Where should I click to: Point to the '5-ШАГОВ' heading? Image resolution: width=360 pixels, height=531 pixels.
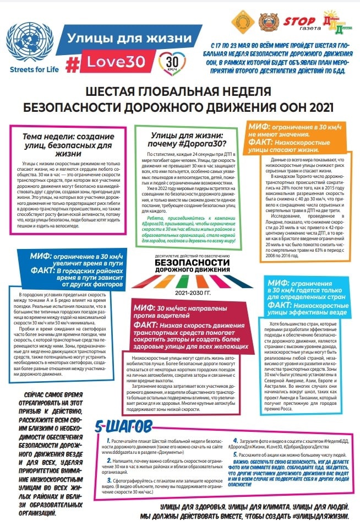click(x=122, y=411)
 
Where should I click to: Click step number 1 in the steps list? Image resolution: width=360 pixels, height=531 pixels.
click(x=108, y=426)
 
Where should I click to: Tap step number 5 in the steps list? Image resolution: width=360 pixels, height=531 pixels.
click(x=236, y=455)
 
